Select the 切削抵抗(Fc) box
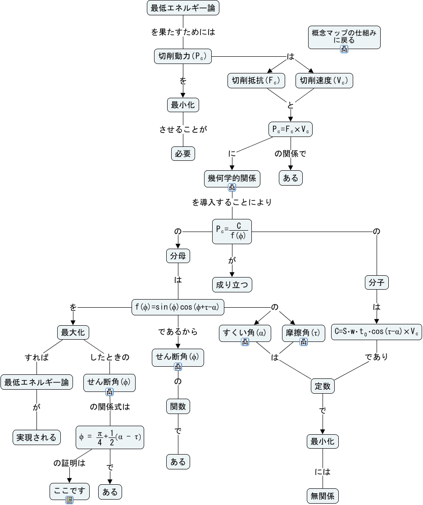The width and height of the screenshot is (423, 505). click(x=256, y=81)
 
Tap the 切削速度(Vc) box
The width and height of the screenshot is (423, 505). click(x=324, y=81)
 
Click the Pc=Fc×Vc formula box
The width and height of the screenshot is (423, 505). click(x=291, y=130)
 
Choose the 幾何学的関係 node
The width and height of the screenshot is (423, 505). click(x=232, y=178)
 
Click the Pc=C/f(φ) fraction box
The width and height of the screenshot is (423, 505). click(x=232, y=232)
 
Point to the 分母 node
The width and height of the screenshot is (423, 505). click(x=177, y=256)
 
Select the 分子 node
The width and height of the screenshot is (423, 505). click(x=376, y=283)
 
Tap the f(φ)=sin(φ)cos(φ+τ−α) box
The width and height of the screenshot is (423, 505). click(x=178, y=307)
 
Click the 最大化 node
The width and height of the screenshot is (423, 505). click(x=73, y=333)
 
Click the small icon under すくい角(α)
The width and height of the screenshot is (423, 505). click(x=245, y=342)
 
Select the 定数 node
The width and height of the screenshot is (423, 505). click(x=323, y=386)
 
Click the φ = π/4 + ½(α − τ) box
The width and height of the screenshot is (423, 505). click(x=110, y=437)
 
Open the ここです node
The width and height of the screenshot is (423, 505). click(x=69, y=491)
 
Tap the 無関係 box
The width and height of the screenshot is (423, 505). click(x=323, y=496)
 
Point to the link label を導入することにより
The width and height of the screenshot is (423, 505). click(x=232, y=202)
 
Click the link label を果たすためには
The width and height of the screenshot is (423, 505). click(x=183, y=32)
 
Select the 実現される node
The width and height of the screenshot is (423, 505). click(x=36, y=437)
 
